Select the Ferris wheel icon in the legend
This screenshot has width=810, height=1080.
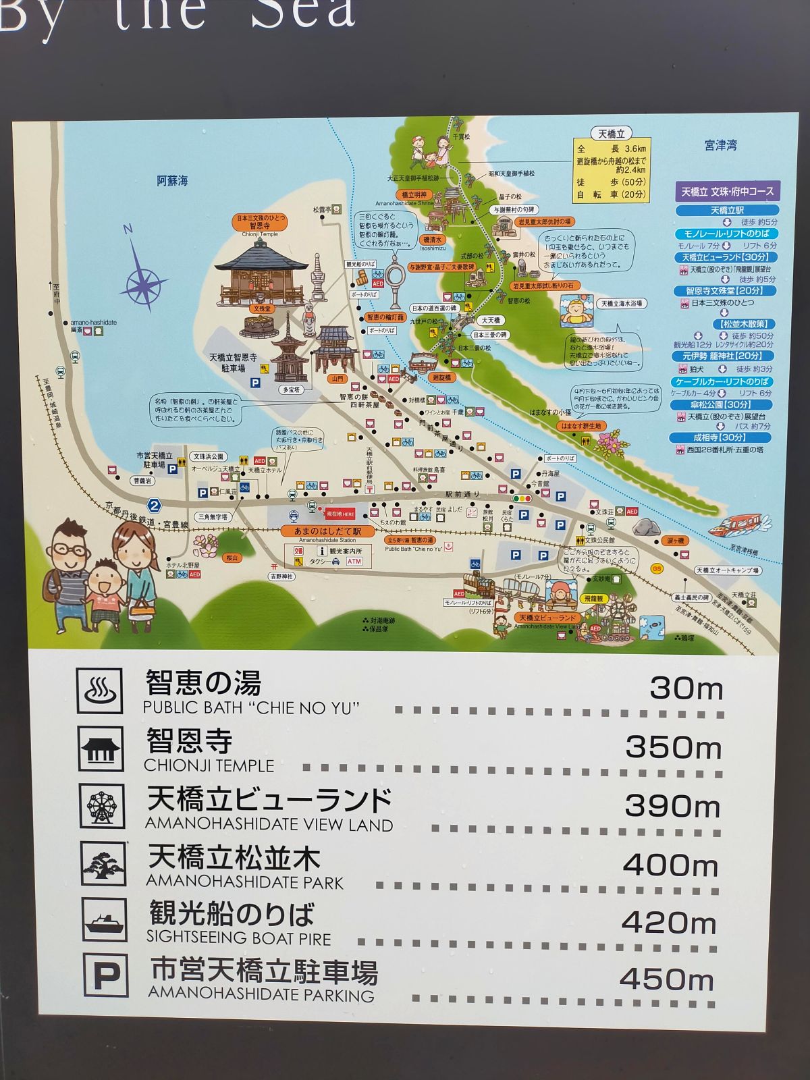point(102,807)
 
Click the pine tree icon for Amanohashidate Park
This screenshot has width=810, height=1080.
point(103,864)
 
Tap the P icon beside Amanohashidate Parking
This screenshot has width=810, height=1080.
point(106,975)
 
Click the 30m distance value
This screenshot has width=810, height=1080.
point(686,688)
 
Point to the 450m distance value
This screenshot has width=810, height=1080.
point(666,979)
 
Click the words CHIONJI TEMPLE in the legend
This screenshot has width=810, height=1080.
point(209,765)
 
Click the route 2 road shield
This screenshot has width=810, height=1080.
point(155,505)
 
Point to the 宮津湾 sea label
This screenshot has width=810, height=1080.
point(720,145)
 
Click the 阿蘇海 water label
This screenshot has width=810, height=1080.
point(173,181)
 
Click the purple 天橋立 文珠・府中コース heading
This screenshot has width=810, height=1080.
point(727,191)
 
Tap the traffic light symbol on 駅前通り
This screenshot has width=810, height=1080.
point(522,497)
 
